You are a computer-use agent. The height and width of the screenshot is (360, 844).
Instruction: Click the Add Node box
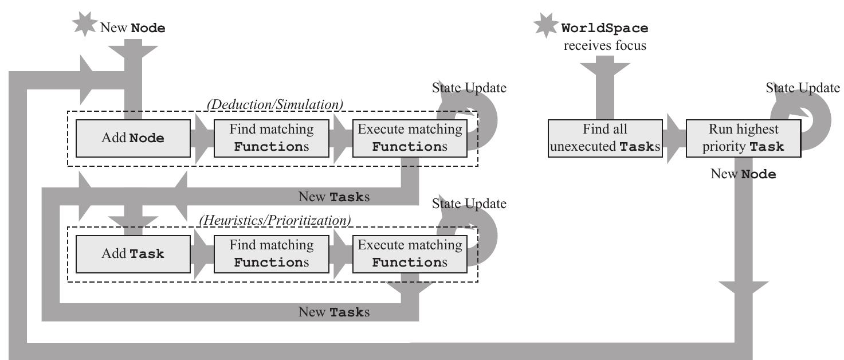pos(132,138)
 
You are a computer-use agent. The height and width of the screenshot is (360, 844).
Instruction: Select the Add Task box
pos(132,254)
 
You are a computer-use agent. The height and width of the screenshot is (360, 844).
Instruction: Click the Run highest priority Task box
pos(743,138)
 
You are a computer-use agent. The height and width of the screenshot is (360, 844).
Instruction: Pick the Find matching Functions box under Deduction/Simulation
pos(272,138)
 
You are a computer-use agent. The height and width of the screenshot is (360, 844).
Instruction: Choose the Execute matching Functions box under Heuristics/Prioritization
pos(409,254)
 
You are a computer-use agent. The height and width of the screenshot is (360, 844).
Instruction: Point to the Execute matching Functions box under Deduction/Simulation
pos(409,138)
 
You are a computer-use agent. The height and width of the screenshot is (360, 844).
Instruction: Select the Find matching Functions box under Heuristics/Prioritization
pos(272,254)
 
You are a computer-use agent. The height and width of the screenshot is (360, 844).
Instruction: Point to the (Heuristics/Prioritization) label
pos(274,220)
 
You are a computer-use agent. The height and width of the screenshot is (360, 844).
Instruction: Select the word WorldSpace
pos(605,28)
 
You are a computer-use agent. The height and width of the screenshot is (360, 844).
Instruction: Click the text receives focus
pos(604,45)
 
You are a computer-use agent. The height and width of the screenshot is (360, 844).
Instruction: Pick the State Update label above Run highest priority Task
pos(803,88)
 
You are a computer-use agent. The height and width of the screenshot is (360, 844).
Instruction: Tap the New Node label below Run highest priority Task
pos(743,174)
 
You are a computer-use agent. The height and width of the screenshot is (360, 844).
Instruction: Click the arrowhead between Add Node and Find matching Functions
pos(203,138)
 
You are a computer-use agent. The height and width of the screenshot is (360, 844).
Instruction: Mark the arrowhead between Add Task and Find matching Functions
pos(203,254)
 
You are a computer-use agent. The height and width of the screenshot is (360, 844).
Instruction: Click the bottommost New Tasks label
pos(334,312)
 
